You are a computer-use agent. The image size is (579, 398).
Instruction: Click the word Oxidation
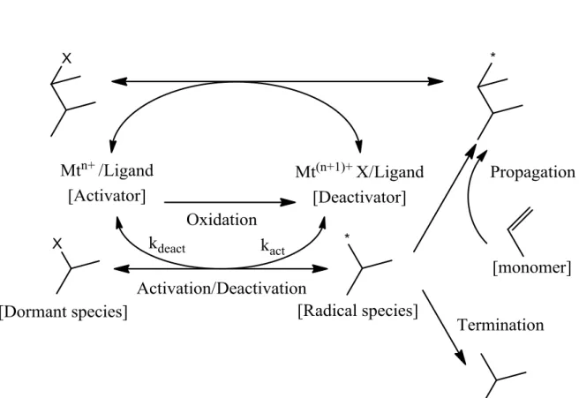[222, 220]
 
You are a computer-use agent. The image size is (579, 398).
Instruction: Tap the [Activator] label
[107, 196]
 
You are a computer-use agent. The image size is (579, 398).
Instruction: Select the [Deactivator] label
[359, 197]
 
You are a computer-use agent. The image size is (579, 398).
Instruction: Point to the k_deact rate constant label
[167, 245]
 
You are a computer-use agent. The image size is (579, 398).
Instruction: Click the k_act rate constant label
[273, 246]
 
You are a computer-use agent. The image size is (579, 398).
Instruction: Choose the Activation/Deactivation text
[222, 288]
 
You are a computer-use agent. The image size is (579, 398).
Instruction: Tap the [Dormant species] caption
[64, 312]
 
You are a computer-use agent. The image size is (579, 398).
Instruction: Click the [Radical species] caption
[357, 311]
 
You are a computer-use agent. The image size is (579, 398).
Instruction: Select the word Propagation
[532, 172]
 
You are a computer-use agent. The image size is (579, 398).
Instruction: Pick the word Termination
[500, 325]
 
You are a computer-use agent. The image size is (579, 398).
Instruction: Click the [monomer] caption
[532, 267]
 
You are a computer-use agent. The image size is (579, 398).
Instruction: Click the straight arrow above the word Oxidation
[230, 202]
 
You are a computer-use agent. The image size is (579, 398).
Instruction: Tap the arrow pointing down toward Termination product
[444, 327]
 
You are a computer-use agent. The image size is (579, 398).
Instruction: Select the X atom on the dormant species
[57, 244]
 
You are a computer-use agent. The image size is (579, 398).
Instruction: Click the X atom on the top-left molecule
[66, 58]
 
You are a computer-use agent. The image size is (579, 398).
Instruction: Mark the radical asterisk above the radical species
[347, 236]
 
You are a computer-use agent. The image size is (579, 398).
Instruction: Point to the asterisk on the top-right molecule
[493, 55]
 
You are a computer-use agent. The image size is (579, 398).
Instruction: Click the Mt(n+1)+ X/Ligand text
[359, 171]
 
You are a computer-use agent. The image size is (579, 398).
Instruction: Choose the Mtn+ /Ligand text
[107, 169]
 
